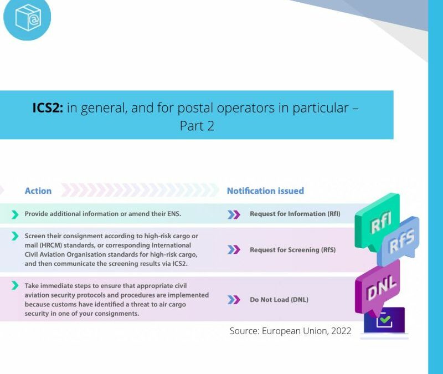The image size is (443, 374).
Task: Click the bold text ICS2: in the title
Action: [x=48, y=107]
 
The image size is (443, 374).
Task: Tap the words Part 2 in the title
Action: [x=197, y=126]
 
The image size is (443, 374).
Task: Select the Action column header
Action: [x=38, y=191]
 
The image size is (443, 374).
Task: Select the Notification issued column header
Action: [x=265, y=191]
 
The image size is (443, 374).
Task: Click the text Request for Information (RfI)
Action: [x=295, y=214]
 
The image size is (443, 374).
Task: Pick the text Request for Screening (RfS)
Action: [x=292, y=250]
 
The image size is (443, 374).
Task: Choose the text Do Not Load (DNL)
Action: [x=279, y=300]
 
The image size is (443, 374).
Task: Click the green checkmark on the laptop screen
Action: [x=384, y=320]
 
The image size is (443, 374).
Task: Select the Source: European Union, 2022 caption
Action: [x=291, y=331]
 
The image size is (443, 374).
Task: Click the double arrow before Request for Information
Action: [x=234, y=214]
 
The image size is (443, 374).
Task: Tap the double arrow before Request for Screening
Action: [x=234, y=250]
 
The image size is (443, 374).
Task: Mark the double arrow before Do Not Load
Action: [x=234, y=300]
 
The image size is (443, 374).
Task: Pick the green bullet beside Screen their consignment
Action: [x=15, y=236]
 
